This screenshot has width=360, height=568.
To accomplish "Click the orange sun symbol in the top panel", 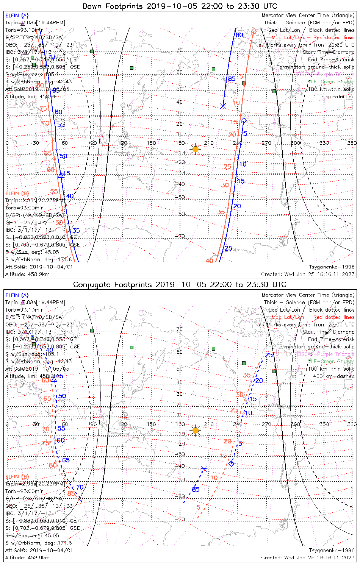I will coord(195,149).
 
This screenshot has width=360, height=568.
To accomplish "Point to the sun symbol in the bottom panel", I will coord(195,430).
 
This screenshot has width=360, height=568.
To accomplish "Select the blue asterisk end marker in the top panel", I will coord(223,106).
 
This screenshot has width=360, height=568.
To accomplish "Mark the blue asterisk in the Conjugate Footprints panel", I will coord(204,469).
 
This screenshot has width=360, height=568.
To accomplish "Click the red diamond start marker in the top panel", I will coord(254,31).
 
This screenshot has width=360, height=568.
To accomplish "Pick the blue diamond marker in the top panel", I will coord(244,120).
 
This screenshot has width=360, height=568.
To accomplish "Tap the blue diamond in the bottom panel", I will coord(231,463).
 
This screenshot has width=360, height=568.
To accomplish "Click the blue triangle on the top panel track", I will coord(61,175).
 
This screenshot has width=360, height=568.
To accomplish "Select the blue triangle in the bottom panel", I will coord(54,379).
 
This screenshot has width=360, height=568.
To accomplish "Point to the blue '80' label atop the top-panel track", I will coord(239,35).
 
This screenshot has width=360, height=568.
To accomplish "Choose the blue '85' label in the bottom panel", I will coord(196,490).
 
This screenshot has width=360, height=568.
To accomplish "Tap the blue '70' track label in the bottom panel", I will coord(80,487).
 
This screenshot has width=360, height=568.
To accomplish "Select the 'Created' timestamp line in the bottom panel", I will coord(308,557).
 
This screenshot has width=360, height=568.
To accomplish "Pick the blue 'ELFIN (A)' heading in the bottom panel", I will coord(17,295).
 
